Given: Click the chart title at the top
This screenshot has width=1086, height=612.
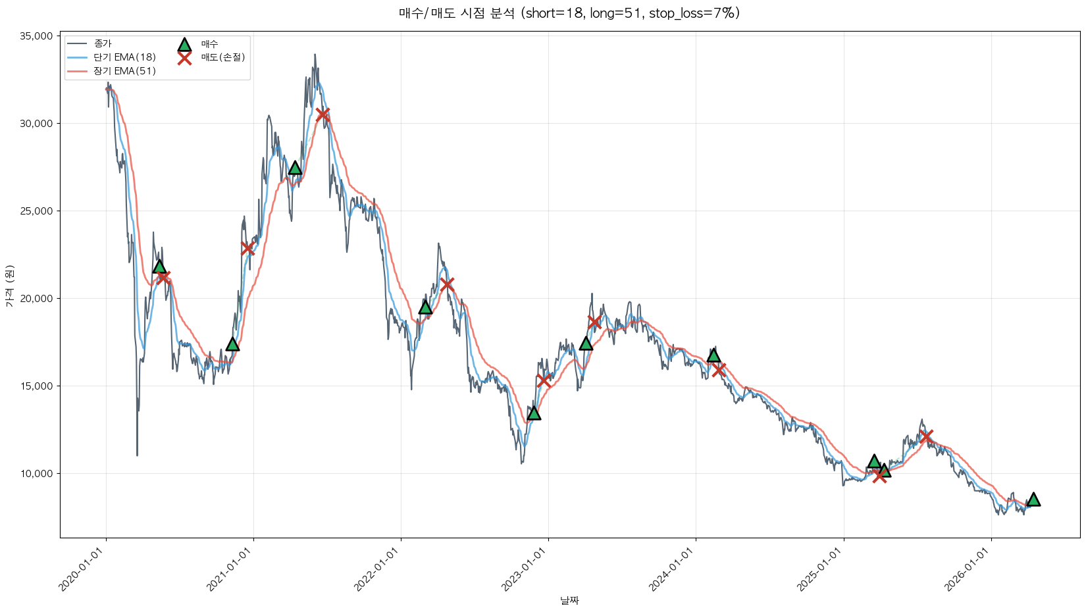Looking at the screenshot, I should [x=569, y=13].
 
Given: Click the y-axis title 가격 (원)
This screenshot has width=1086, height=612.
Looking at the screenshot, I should [x=9, y=286].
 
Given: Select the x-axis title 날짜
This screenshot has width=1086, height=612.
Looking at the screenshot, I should [x=569, y=600].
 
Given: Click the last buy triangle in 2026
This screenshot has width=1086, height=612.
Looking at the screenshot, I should [x=1033, y=499].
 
